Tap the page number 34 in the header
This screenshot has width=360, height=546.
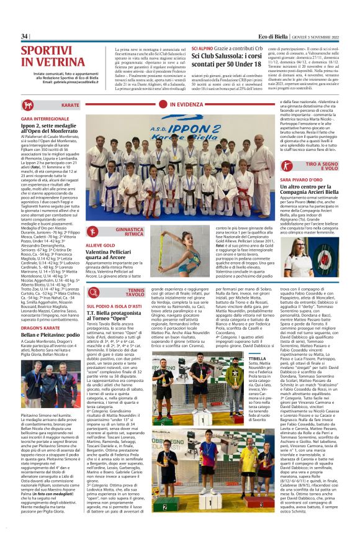[25, 37]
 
